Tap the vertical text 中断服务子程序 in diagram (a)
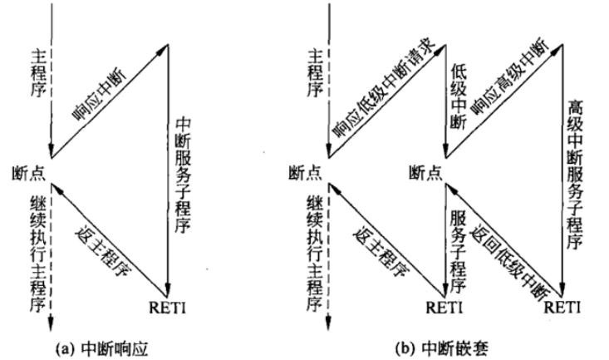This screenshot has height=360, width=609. click(x=183, y=175)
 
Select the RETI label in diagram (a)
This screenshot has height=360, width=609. click(x=167, y=308)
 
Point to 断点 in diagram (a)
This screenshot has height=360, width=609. click(x=28, y=173)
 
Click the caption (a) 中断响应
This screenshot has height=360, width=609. click(x=101, y=348)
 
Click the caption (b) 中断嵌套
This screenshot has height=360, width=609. click(x=442, y=348)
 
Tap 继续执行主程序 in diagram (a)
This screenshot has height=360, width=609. click(x=39, y=253)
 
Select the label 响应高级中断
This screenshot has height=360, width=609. click(x=510, y=78)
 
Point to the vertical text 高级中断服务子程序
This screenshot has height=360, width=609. click(x=575, y=175)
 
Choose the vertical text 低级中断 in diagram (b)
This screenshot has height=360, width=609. click(x=459, y=96)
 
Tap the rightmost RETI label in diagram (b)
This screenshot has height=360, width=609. click(x=562, y=308)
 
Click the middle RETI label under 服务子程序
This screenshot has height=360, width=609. click(x=444, y=308)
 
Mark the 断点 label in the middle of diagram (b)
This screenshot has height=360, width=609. click(x=425, y=173)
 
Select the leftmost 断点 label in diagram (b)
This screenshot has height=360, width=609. click(x=305, y=173)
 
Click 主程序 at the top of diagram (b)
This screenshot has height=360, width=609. click(x=316, y=75)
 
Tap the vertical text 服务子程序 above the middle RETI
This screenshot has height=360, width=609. click(x=459, y=252)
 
